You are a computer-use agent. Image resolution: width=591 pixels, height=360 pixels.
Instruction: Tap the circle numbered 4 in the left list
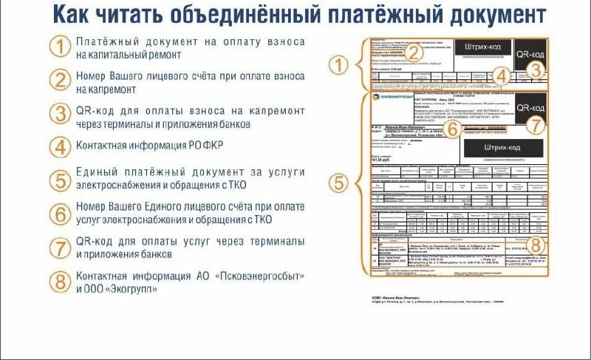point(61,146)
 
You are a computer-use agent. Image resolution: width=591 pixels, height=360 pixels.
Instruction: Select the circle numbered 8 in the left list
point(61,282)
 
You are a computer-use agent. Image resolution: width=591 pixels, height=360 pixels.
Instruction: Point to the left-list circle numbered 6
point(61,214)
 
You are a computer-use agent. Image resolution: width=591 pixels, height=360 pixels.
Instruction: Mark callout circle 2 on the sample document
point(415,52)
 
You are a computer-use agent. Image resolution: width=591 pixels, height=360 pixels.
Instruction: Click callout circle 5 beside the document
point(338,181)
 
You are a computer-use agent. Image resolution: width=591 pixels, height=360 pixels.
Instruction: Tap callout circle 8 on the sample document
point(538,245)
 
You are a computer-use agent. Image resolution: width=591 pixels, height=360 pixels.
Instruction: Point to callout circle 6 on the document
point(455,128)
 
